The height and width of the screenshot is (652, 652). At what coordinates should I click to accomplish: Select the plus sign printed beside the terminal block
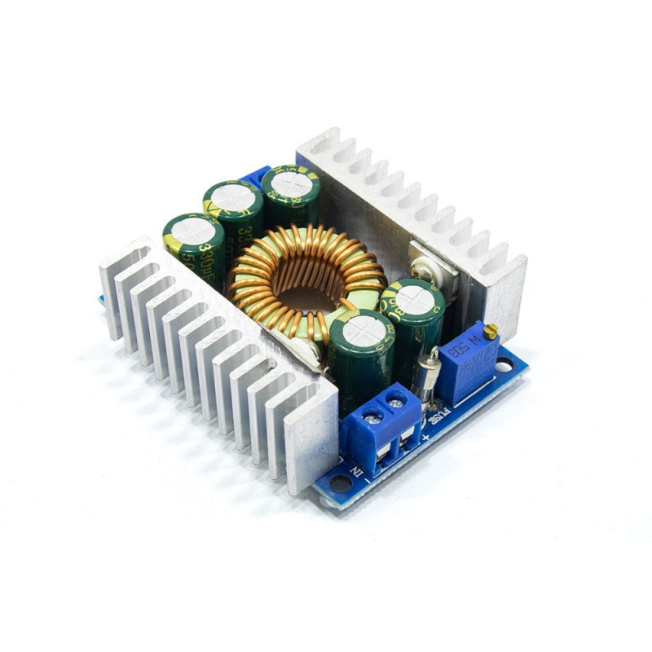pyautogui.click(x=426, y=441)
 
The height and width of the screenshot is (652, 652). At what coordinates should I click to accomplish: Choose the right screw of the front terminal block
pyautogui.click(x=398, y=399)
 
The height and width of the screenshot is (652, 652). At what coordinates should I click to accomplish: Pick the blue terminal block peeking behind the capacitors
pyautogui.click(x=257, y=175)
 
